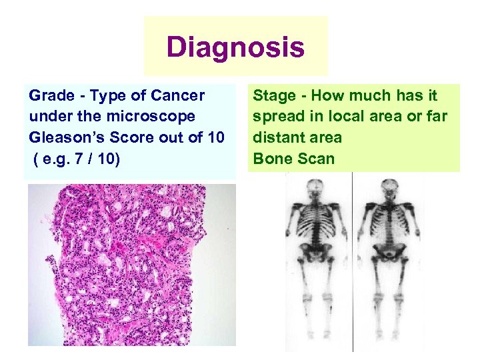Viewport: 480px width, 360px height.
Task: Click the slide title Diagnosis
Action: tap(235, 47)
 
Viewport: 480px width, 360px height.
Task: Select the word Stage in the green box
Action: tap(273, 96)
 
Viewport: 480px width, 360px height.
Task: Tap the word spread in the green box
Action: tap(277, 117)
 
